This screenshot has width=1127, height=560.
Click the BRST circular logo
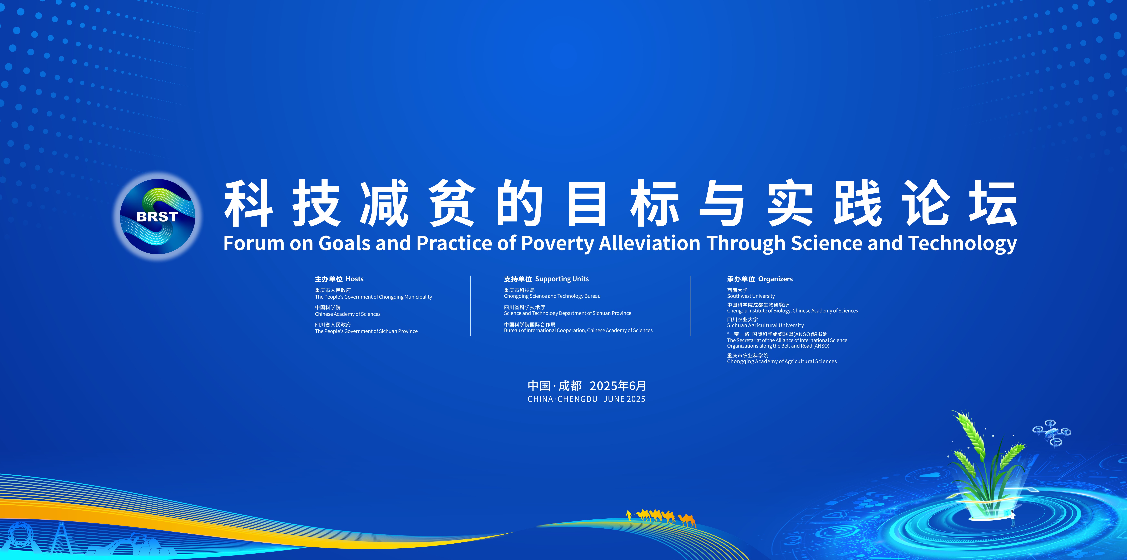click(158, 216)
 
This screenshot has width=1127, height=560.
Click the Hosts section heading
click(339, 279)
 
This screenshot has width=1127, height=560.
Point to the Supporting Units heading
click(546, 279)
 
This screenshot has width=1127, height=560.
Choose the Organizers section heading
click(760, 279)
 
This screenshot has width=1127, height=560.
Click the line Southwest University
click(751, 296)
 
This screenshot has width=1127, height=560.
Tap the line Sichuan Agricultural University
click(765, 325)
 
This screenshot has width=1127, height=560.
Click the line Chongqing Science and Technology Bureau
click(552, 296)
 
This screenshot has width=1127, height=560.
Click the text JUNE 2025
click(624, 399)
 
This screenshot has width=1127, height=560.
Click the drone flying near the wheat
click(1052, 433)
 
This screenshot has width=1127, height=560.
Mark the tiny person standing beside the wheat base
click(1013, 518)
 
